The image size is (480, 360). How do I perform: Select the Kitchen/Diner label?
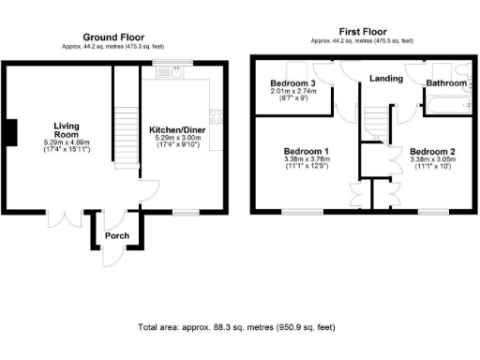click(x=178, y=129)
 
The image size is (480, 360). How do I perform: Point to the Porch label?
click(x=117, y=235)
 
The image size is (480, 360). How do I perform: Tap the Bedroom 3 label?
click(x=292, y=83)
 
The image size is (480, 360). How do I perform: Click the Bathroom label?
click(x=446, y=83)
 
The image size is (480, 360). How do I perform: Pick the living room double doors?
click(x=64, y=217)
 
